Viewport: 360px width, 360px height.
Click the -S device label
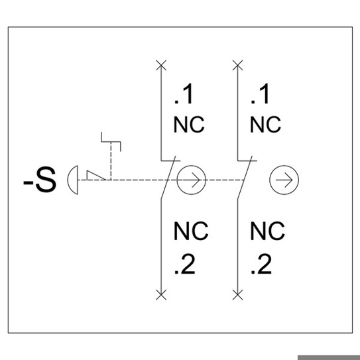pyautogui.click(x=40, y=180)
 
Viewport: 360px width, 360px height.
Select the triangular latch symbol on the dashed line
pyautogui.click(x=95, y=176)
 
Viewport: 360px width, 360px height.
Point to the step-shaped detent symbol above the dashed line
pyautogui.click(x=111, y=142)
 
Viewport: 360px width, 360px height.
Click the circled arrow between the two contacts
pyautogui.click(x=191, y=180)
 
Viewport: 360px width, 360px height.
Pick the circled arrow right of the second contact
pyautogui.click(x=284, y=180)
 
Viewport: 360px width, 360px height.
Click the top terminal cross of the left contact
pyautogui.click(x=161, y=65)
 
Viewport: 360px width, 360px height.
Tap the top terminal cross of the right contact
pyautogui.click(x=237, y=65)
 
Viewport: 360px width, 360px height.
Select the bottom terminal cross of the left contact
pyautogui.click(x=161, y=295)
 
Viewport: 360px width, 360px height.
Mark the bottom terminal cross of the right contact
pyautogui.click(x=237, y=295)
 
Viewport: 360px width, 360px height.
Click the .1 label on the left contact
pyautogui.click(x=183, y=94)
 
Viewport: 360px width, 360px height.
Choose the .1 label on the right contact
pyautogui.click(x=259, y=94)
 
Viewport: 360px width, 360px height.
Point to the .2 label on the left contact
pyautogui.click(x=185, y=264)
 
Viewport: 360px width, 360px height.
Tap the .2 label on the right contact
pyautogui.click(x=261, y=264)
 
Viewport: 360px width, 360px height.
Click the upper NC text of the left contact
pyautogui.click(x=189, y=125)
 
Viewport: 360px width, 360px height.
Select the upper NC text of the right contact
pyautogui.click(x=265, y=125)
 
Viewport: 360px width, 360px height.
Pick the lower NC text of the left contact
pyautogui.click(x=191, y=231)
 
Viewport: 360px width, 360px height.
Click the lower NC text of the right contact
pyautogui.click(x=267, y=231)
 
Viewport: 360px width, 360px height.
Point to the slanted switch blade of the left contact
pyautogui.click(x=168, y=178)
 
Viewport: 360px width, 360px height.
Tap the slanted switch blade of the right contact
pyautogui.click(x=245, y=178)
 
